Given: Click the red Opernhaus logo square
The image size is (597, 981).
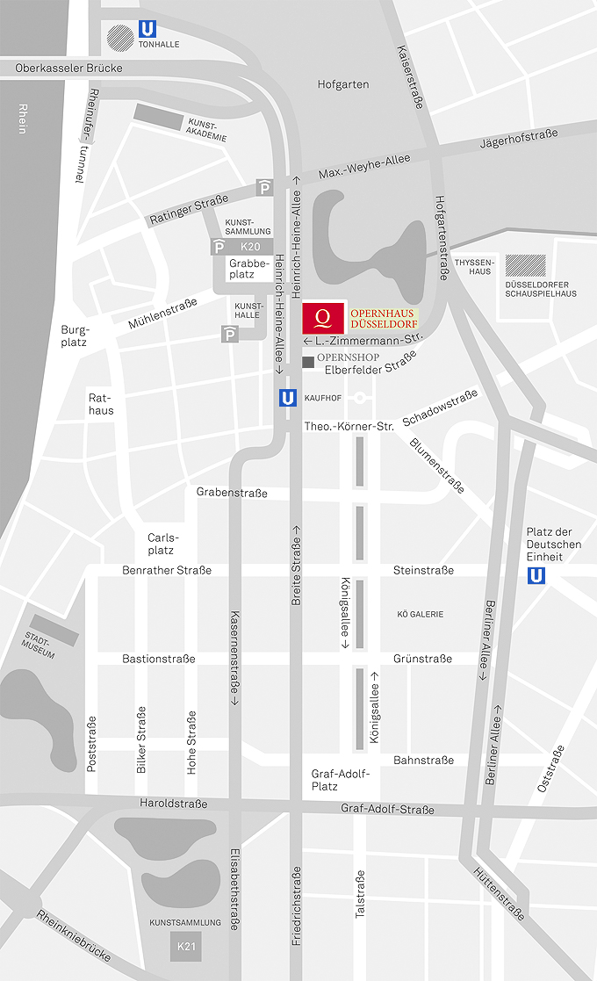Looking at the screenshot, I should [x=323, y=318].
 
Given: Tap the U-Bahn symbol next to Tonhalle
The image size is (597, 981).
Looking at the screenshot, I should [x=146, y=29].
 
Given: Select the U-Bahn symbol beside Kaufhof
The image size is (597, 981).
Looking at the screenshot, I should [x=287, y=398].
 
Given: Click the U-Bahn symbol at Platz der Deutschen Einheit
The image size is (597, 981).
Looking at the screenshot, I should [x=535, y=575].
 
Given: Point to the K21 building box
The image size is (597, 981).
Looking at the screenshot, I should [x=185, y=946].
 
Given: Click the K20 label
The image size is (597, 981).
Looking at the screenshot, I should [x=248, y=248].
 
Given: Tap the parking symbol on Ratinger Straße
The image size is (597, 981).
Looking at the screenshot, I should [x=264, y=186].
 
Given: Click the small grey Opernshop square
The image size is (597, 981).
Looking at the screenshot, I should [x=307, y=362].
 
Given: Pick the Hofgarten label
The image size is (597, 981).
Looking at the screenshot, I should [x=342, y=84].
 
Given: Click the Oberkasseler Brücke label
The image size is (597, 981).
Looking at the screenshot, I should [x=68, y=68].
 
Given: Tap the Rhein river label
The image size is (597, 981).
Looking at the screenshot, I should [x=21, y=119].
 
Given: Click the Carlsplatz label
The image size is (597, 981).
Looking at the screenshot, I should [x=162, y=544].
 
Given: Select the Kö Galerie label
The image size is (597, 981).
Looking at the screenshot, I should [x=420, y=614].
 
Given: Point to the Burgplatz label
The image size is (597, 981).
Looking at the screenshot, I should [x=74, y=336].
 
